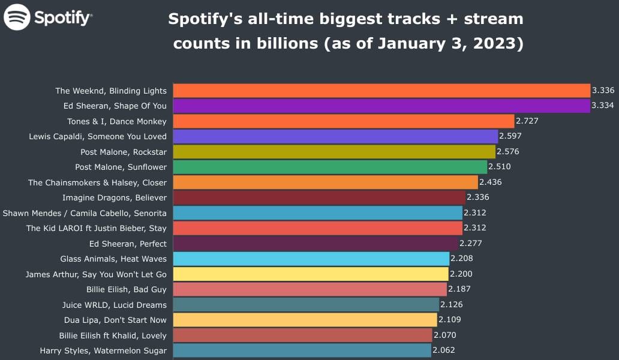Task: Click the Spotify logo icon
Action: (17, 17)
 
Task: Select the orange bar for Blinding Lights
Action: (381, 91)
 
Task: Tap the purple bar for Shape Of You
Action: (381, 106)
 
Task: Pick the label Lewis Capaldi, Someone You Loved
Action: (98, 137)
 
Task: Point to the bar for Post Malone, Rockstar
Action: (334, 152)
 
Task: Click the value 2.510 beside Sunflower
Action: (500, 167)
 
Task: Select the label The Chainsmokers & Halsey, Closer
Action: (97, 182)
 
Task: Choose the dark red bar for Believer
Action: (319, 197)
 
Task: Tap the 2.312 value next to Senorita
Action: (475, 213)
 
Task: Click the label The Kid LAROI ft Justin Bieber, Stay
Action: (97, 228)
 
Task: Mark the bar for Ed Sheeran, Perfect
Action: (315, 244)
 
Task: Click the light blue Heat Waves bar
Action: (311, 259)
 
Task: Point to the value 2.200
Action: (461, 274)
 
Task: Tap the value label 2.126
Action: (452, 305)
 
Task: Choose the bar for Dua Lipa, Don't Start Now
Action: (305, 320)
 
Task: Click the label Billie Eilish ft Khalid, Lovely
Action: (113, 335)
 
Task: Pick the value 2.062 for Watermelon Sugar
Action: (444, 350)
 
